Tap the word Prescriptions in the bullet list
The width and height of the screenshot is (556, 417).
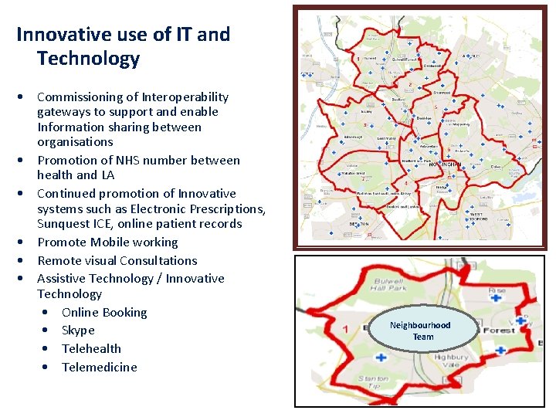[228, 209]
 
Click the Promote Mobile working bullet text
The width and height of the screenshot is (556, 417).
[107, 242]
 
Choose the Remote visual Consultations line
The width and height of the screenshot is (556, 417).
[117, 261]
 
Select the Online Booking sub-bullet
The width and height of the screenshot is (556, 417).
[104, 313]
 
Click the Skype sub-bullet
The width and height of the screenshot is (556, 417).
[78, 331]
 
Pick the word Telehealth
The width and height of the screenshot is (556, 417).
[91, 349]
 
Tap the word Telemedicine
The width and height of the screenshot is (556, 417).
[99, 368]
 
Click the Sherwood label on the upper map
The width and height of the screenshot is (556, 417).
[441, 93]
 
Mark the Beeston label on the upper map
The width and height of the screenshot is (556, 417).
[359, 225]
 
